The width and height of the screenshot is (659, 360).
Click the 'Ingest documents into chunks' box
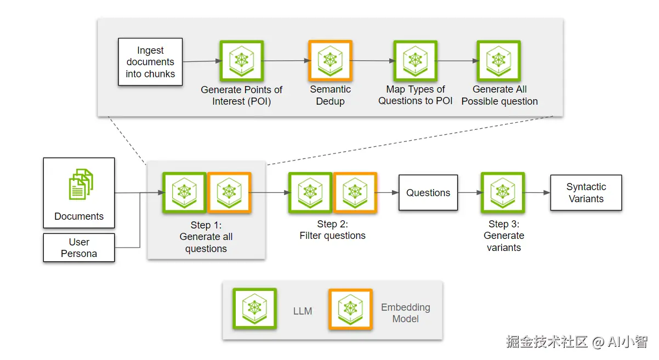(150, 62)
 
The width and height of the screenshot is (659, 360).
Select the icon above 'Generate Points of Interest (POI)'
(242, 61)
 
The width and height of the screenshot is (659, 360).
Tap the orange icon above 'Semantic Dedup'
(331, 61)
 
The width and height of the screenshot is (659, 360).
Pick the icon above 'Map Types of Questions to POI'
(416, 61)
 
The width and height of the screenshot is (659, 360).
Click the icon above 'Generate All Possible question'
(499, 61)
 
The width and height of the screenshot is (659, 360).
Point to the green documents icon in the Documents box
(81, 185)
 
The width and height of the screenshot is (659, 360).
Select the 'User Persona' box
(79, 248)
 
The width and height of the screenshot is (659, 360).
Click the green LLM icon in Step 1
(184, 193)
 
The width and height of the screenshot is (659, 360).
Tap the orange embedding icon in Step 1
(229, 193)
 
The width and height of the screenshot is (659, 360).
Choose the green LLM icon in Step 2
(310, 193)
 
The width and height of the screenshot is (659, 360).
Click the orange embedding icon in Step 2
(355, 193)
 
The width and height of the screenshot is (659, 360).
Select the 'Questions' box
(428, 193)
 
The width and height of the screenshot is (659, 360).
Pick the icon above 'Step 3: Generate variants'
(503, 193)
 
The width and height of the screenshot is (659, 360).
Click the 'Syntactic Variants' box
(586, 193)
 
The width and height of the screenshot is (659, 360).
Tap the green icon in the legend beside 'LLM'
(254, 308)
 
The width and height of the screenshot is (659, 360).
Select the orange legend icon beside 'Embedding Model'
(350, 309)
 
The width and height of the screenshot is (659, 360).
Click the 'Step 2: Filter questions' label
(332, 230)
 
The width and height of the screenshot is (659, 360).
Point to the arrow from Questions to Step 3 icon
(470, 193)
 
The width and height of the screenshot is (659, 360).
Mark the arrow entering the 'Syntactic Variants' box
(537, 193)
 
